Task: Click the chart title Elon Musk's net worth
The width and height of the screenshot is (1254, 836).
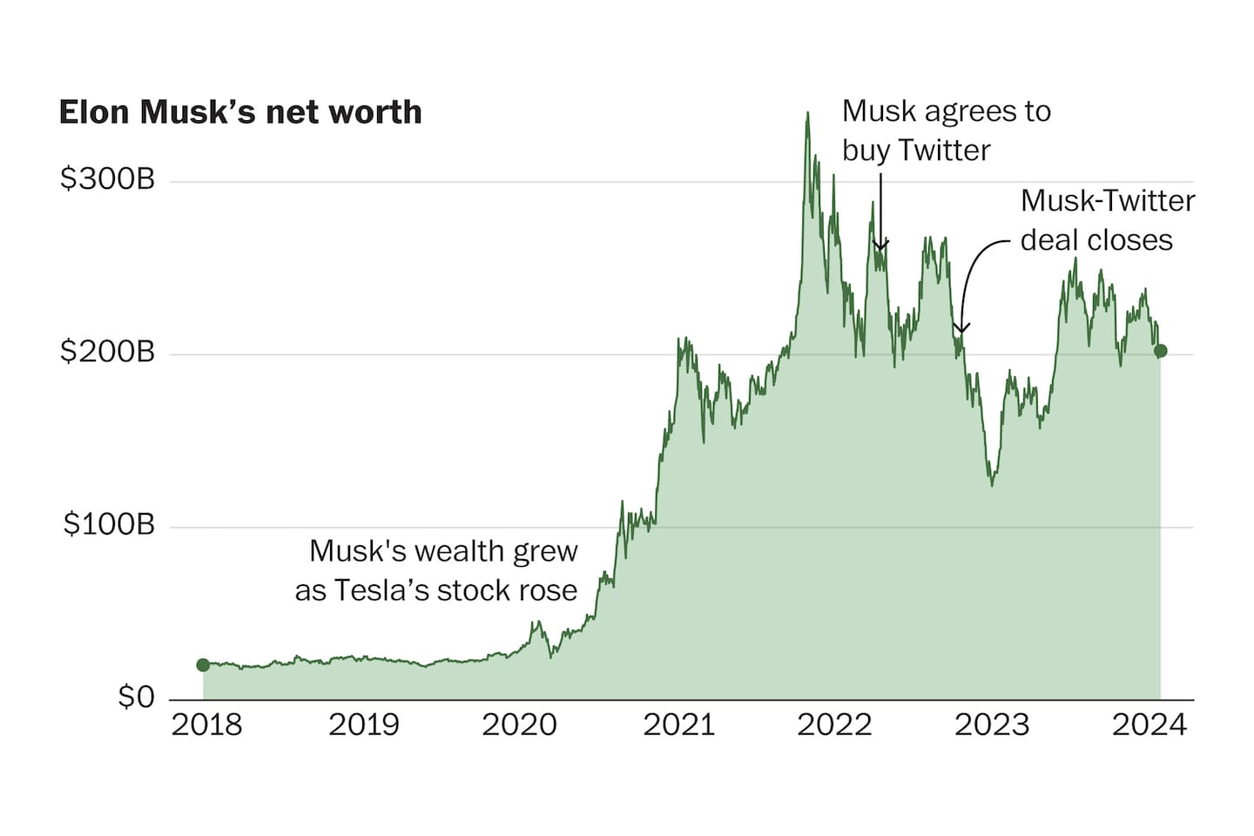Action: [x=240, y=112]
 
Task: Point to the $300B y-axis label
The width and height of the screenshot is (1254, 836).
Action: [x=107, y=179]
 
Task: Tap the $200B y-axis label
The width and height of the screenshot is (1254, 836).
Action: [x=107, y=352]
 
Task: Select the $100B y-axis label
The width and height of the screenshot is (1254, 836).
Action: [x=109, y=524]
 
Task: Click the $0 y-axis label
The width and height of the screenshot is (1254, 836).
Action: [x=136, y=697]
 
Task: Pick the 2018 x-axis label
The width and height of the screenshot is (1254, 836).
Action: [x=206, y=725]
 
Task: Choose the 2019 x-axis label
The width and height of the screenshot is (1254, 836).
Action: [x=363, y=725]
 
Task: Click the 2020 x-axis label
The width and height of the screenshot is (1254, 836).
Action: [x=520, y=725]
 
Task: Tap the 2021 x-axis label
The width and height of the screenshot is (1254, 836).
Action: [x=678, y=725]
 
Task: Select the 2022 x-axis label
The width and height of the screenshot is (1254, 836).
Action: [x=834, y=725]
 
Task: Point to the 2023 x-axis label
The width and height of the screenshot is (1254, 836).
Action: [x=992, y=725]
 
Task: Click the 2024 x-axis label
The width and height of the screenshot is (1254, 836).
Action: [x=1149, y=725]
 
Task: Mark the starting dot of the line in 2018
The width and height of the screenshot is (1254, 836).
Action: [x=203, y=665]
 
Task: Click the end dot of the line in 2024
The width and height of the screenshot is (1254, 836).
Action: [x=1160, y=351]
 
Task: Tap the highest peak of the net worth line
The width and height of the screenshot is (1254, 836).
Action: [x=807, y=113]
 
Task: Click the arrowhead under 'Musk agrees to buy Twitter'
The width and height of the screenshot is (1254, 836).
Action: [x=880, y=247]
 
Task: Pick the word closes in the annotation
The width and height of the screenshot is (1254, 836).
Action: [x=1132, y=240]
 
